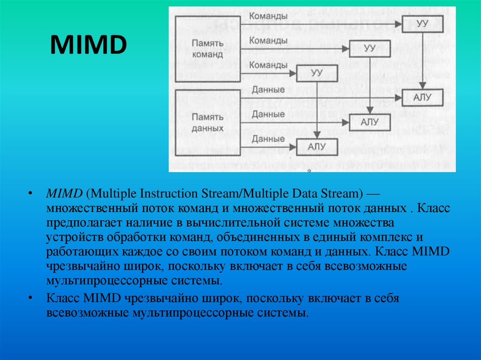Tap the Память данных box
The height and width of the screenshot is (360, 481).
tap(207, 121)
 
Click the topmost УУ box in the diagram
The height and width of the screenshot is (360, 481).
tap(422, 24)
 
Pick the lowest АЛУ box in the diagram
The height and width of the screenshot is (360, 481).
tap(317, 146)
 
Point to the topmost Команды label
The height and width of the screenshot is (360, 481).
tap(269, 16)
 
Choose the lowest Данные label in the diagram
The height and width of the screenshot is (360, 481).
tap(268, 138)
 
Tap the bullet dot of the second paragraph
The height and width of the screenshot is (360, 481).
tap(30, 298)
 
